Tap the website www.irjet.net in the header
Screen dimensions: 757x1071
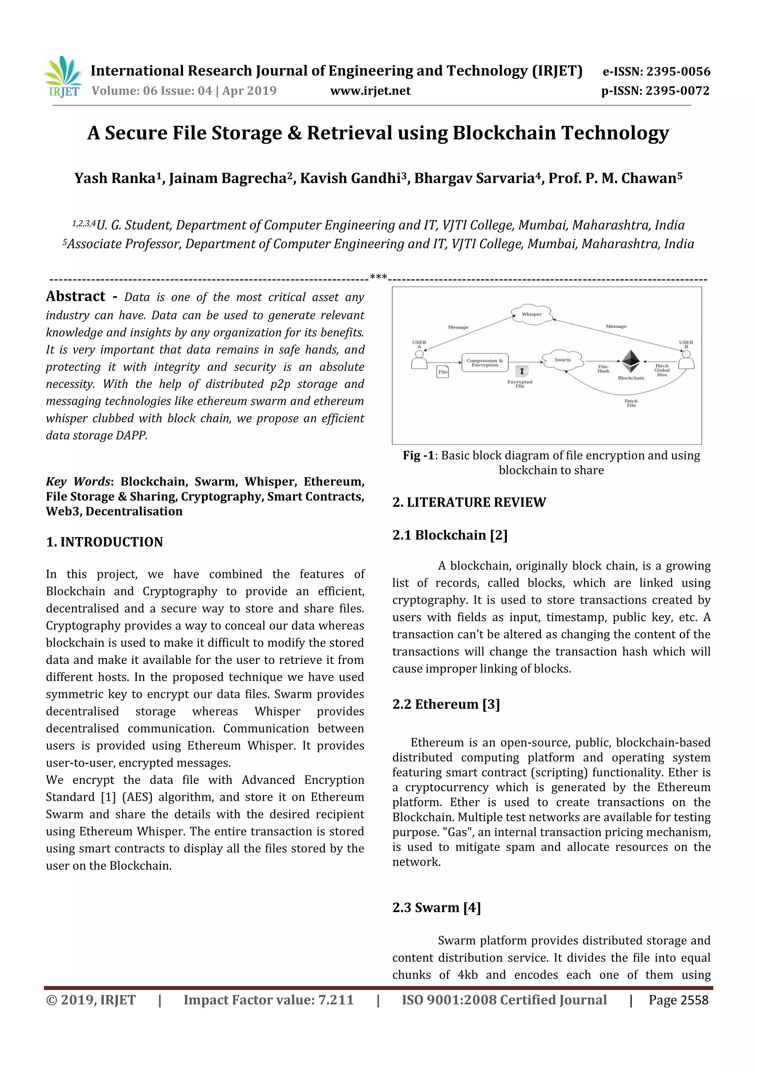[370, 91]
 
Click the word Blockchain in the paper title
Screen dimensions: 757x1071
[504, 133]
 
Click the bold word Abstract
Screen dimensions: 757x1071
[75, 296]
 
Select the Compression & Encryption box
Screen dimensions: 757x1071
[485, 362]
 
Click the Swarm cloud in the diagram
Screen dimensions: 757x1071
[563, 360]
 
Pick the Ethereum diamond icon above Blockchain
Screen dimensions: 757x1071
[631, 360]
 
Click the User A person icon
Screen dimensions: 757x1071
[419, 360]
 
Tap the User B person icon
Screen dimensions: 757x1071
[686, 360]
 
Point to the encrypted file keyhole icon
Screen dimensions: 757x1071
[522, 371]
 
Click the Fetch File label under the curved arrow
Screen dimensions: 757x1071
[631, 403]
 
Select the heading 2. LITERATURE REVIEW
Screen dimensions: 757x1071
[469, 502]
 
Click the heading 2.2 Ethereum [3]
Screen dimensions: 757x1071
[445, 704]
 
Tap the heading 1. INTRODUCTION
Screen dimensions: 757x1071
[105, 542]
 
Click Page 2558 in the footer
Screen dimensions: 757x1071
[678, 1000]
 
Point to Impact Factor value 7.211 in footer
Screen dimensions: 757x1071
[268, 1000]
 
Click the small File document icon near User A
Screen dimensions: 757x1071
[443, 372]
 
